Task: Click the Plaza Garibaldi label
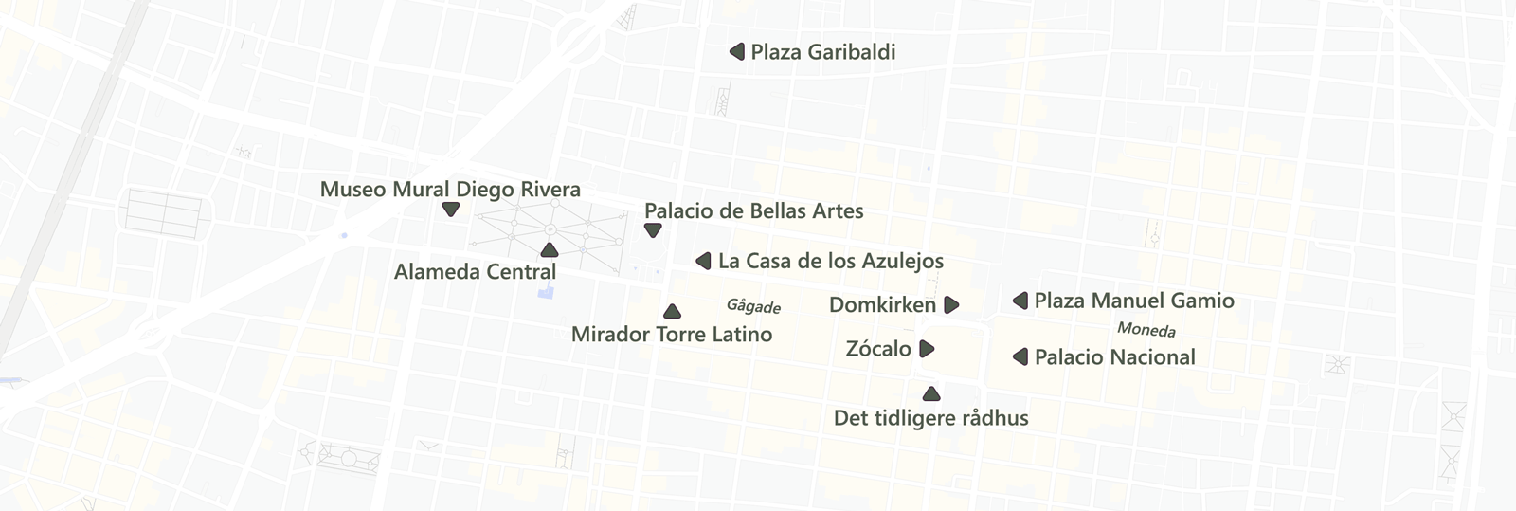point(822,52)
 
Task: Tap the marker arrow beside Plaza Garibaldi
point(737,52)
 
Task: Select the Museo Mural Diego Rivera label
point(450,189)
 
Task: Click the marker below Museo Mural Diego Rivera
point(451,209)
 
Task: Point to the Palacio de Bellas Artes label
point(753,210)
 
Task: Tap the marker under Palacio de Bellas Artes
point(653,230)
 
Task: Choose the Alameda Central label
point(475,272)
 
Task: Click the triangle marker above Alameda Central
point(549,250)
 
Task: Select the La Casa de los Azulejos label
point(830,261)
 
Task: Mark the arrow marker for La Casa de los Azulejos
point(703,261)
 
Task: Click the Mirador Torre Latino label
point(671,334)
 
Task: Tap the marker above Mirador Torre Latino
point(672,311)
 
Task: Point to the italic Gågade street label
point(753,306)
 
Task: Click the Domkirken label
point(882,304)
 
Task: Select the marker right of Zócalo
point(927,349)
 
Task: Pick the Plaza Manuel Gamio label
point(1133,301)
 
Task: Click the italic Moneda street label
point(1146,329)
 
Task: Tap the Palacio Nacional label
point(1114,356)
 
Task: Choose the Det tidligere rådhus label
point(930,418)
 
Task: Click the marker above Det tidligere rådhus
point(931,394)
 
